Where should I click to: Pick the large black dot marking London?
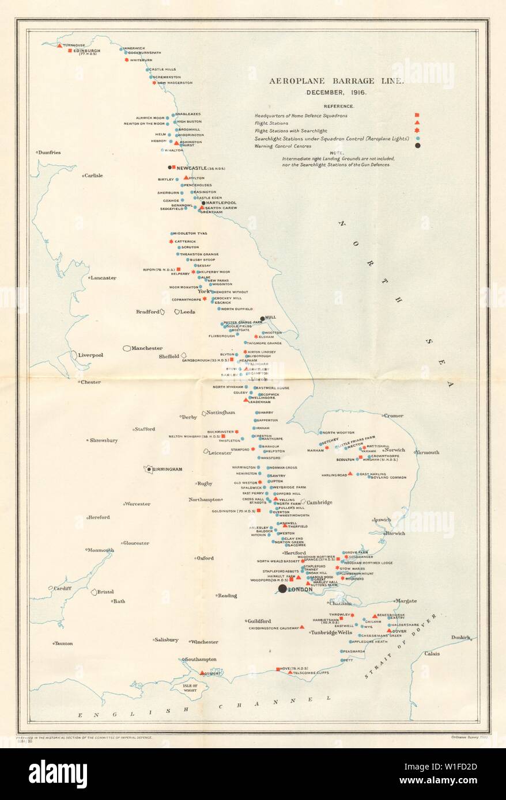click(282, 589)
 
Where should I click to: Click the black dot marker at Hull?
click(262, 318)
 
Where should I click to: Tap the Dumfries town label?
click(50, 153)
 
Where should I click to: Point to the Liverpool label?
click(90, 355)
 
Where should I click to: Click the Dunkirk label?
click(461, 637)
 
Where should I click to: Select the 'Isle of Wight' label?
click(197, 688)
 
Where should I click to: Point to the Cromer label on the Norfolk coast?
click(394, 416)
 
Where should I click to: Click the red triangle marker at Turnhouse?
click(59, 44)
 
